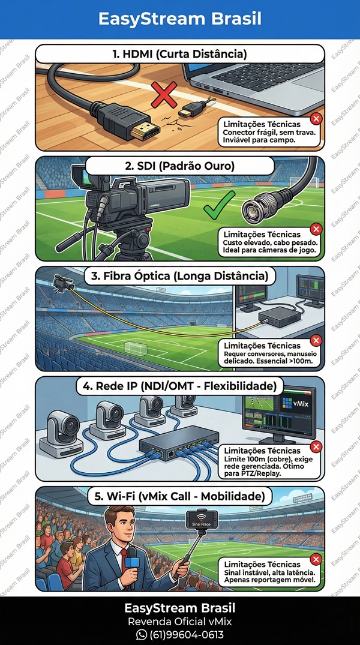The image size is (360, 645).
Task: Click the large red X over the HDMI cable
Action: coord(164,94)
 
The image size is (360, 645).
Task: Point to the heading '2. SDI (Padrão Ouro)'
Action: coord(179,166)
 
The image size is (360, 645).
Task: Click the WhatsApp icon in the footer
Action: coord(141,634)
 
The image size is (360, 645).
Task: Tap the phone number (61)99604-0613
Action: coord(187,634)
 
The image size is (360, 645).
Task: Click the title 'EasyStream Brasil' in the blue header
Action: coord(180,19)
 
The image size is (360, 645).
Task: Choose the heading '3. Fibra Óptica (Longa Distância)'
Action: coord(179,276)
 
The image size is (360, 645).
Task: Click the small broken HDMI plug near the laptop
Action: coord(194,108)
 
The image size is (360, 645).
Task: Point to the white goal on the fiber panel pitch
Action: coord(136,349)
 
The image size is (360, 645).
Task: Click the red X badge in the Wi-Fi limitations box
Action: coord(316,559)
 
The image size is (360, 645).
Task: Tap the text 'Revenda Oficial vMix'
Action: coord(180,621)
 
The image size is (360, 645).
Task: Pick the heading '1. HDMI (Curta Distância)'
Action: coord(179,54)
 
